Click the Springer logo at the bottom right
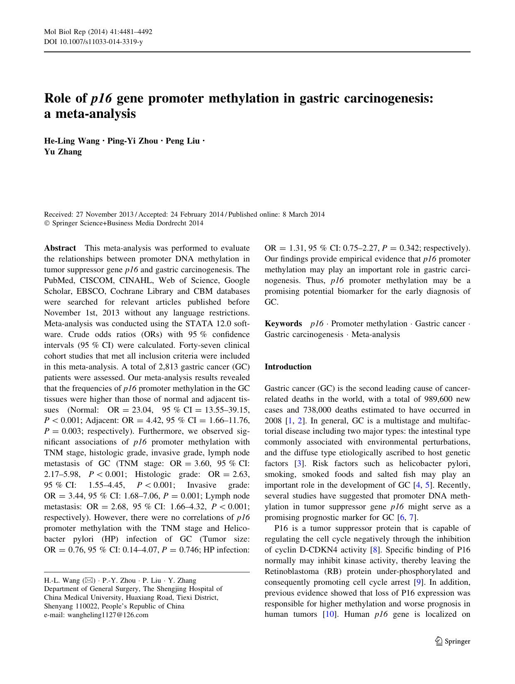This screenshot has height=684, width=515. (453, 641)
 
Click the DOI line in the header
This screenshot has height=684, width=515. (93, 42)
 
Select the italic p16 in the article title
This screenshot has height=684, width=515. (102, 98)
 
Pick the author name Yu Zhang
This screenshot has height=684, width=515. (63, 151)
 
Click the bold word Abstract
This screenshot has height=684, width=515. (60, 248)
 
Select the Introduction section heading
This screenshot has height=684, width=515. (288, 366)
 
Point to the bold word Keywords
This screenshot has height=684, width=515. (283, 324)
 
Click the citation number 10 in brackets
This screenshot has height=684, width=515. (329, 614)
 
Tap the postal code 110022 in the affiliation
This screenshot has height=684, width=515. (82, 606)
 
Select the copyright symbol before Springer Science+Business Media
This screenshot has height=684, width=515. (46, 223)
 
